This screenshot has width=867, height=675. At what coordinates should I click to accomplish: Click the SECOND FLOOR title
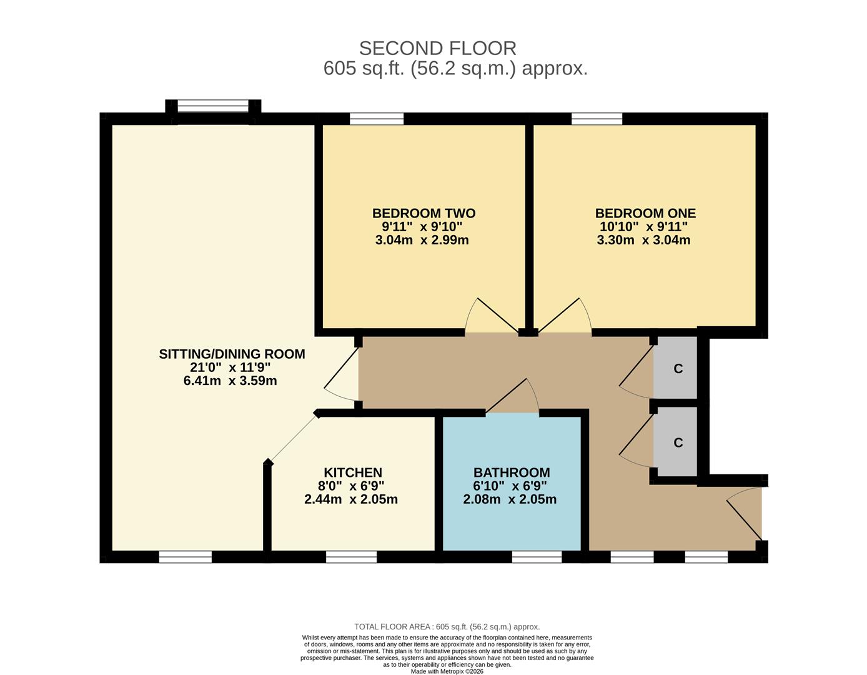(x=437, y=48)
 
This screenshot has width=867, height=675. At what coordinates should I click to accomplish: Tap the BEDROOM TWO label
(x=424, y=213)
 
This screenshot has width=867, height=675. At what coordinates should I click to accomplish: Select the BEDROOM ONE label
(x=645, y=213)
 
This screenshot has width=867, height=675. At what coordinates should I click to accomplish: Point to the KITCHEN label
(x=352, y=472)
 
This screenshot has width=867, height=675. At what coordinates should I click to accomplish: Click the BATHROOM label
(x=511, y=472)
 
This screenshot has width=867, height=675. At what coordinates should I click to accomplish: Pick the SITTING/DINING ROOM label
(x=232, y=354)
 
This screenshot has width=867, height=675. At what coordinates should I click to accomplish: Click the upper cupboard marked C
(x=677, y=368)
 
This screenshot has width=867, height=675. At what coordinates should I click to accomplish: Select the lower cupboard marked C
(x=677, y=442)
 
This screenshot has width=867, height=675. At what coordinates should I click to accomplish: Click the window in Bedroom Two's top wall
(x=377, y=119)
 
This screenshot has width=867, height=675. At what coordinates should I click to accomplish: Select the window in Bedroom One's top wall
(x=597, y=119)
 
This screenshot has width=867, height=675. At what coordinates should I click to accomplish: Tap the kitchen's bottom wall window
(x=351, y=557)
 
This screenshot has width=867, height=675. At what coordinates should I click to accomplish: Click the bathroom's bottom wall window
(x=537, y=557)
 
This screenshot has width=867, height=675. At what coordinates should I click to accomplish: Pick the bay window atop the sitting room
(x=213, y=106)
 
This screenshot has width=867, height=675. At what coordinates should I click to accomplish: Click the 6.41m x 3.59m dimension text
(x=230, y=381)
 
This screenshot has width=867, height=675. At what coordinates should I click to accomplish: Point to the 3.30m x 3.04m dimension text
(x=643, y=240)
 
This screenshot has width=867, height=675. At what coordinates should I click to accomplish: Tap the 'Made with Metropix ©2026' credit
(x=447, y=671)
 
